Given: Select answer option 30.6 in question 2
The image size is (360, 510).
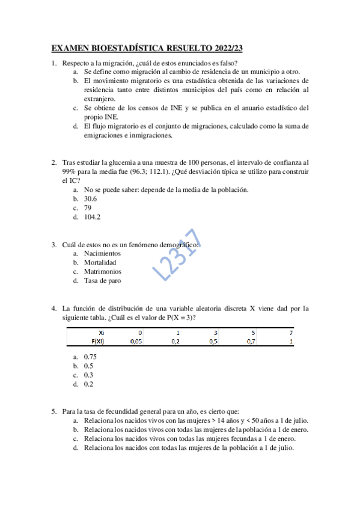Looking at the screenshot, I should coord(91,198).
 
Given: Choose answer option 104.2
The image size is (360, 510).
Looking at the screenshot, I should coord(93,217).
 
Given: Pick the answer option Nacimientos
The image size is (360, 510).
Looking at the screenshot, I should coord(102,253).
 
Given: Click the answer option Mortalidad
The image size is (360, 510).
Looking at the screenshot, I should coord(100,262).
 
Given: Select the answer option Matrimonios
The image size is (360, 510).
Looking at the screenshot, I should coord(102,271).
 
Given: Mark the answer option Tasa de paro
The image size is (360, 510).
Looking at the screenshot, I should coord(102,280).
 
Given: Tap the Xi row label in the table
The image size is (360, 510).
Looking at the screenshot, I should coord(103,332).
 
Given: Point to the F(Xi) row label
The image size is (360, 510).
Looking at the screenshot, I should coord(99,340).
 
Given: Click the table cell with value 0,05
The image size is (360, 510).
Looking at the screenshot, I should coord(137,340).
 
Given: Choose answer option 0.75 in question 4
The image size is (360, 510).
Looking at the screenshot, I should coord(91,357).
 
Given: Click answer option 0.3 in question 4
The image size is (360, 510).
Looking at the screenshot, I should coord(89,375).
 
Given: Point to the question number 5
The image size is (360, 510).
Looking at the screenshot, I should coord(54,411).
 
